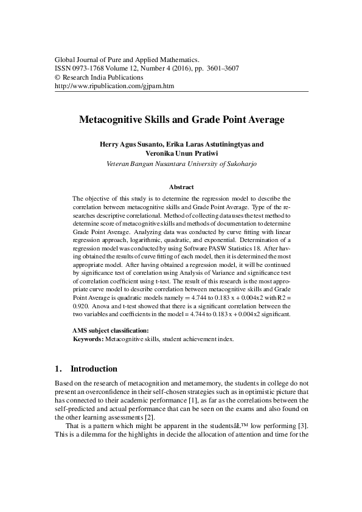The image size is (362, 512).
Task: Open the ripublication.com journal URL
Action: [114, 86]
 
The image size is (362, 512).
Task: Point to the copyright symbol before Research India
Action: [58, 78]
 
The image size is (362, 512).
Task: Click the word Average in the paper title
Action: [262, 120]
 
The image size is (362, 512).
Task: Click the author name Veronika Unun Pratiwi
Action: [182, 154]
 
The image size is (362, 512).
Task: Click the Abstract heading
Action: [181, 187]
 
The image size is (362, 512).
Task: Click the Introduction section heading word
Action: [94, 368]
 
